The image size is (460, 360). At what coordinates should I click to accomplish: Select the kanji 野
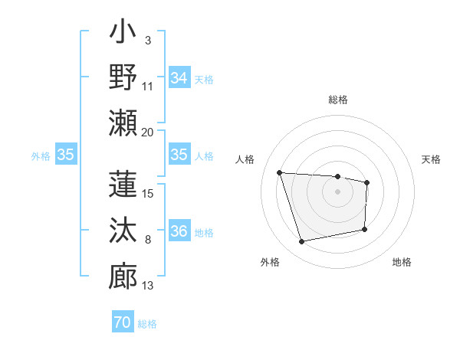[x=123, y=78]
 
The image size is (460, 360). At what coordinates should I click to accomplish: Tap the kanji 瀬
[x=123, y=123]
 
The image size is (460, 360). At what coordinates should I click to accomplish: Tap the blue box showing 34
[x=179, y=77]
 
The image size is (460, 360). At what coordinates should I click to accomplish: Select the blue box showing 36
[x=179, y=231]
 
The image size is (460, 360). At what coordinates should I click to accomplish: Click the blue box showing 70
[x=123, y=323]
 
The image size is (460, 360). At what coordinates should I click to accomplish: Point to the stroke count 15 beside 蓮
[x=148, y=194]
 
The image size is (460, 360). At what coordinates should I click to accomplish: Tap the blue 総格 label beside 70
[x=147, y=324]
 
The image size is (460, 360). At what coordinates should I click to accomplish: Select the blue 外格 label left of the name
[x=41, y=155]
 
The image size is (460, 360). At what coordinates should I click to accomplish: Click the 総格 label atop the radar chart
[x=337, y=100]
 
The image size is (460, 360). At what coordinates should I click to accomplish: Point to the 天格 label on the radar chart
[x=432, y=159]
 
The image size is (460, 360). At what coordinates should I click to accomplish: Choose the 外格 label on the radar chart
[x=269, y=262]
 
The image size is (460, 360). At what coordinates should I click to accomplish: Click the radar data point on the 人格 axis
[x=280, y=172]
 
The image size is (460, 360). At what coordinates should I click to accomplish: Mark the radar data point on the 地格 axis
[x=364, y=229]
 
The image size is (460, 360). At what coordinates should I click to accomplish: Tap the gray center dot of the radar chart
[x=337, y=191]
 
